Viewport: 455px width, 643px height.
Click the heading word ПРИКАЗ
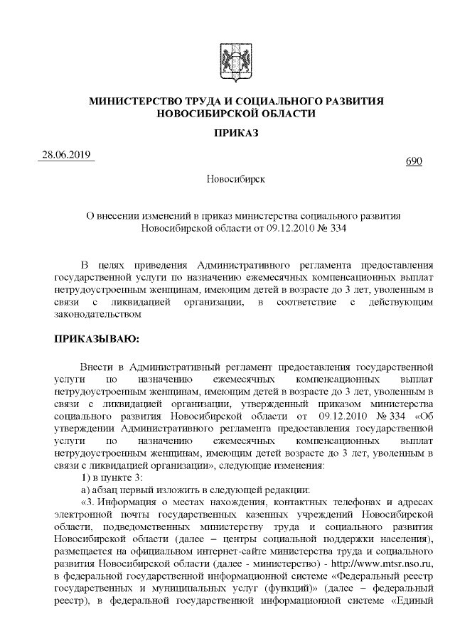coord(236,134)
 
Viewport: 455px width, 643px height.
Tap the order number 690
coord(414,162)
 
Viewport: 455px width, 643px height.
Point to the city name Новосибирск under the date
coord(235,178)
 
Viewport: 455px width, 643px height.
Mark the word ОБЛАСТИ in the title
coord(286,114)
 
